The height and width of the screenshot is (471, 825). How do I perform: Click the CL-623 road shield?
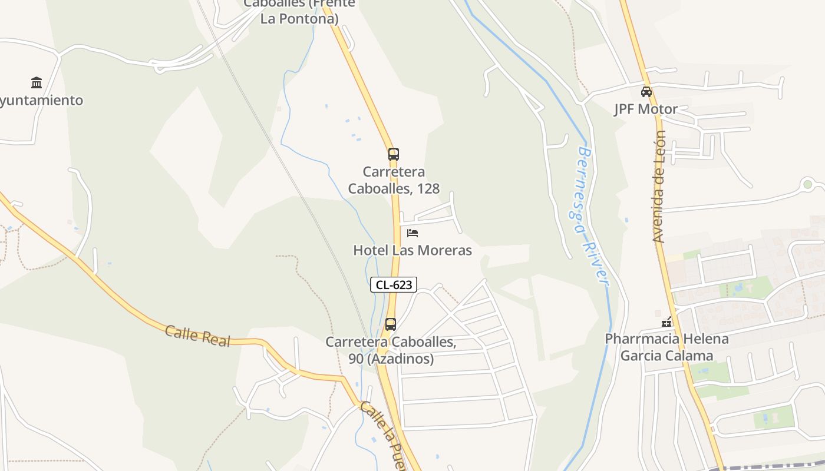click(394, 285)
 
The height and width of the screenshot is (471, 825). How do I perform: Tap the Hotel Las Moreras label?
click(412, 250)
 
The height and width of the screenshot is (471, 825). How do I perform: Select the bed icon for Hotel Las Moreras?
click(412, 233)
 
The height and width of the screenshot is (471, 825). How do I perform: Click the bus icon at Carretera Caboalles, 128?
click(394, 154)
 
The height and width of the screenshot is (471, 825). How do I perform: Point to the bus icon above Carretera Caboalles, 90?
click(391, 324)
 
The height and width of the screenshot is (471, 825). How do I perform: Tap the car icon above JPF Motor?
click(646, 91)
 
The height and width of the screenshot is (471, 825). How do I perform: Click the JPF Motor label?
click(646, 110)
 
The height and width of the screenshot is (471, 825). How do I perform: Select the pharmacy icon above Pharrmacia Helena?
click(667, 322)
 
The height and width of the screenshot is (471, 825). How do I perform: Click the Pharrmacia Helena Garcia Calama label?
click(667, 347)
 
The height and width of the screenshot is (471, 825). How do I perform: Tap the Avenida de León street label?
click(659, 186)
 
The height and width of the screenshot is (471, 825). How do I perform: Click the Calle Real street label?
click(197, 336)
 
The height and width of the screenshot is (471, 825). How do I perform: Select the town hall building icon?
click(37, 82)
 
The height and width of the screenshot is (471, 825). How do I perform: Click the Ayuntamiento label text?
click(41, 101)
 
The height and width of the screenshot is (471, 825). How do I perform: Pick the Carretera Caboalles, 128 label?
click(394, 180)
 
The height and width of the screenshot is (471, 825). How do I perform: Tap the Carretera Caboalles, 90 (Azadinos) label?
click(391, 350)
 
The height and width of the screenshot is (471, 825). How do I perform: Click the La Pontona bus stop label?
click(299, 12)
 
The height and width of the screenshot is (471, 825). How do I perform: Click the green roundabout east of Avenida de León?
click(807, 185)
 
